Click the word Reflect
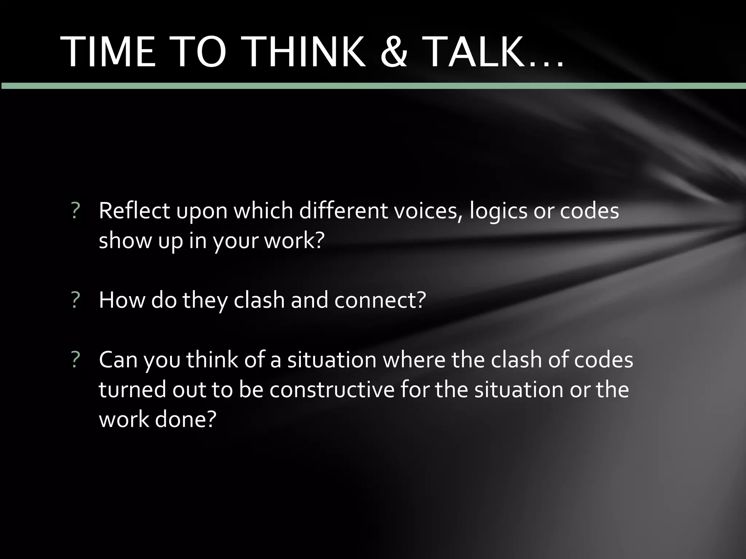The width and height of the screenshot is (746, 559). point(134,211)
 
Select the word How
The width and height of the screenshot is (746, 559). point(121,300)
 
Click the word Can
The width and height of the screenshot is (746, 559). point(118,360)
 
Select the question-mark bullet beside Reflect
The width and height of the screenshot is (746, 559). point(76,211)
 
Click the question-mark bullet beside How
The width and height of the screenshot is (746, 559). point(76,301)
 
